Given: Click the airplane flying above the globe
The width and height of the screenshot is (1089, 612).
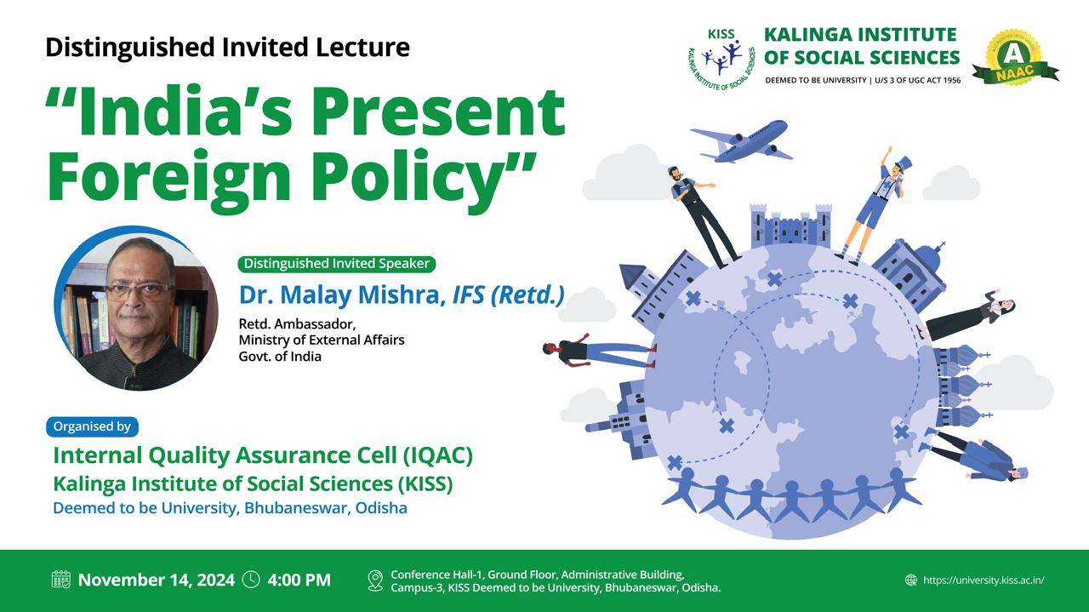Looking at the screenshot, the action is click(x=741, y=141).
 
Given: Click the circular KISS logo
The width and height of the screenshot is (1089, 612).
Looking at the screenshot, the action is click(x=722, y=59).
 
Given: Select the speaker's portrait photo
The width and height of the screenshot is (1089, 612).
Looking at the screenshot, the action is click(x=136, y=308).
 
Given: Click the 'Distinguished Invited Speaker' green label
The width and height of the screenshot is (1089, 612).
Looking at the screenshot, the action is click(x=336, y=264).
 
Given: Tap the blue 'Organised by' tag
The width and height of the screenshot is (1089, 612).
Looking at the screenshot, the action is click(x=92, y=426).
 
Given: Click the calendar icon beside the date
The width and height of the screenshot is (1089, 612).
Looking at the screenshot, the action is click(x=60, y=580).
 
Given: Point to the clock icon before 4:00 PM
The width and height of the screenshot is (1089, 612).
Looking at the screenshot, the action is click(x=251, y=580).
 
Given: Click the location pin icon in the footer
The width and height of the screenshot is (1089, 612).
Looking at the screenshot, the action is click(x=375, y=581).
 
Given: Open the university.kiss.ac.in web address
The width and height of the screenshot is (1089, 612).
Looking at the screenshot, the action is click(x=984, y=580).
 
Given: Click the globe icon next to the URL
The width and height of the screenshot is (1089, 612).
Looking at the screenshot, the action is click(x=910, y=580).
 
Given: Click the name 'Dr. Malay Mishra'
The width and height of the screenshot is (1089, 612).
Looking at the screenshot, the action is click(x=339, y=295).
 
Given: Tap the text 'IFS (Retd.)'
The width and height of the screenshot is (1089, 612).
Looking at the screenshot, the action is click(x=509, y=295).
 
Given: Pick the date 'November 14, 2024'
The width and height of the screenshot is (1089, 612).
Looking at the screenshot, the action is click(x=156, y=580).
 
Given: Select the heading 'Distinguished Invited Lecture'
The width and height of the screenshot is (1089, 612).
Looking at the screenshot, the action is click(x=227, y=48).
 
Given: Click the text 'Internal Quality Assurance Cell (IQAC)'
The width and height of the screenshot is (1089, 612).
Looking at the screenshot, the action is click(x=263, y=456).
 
